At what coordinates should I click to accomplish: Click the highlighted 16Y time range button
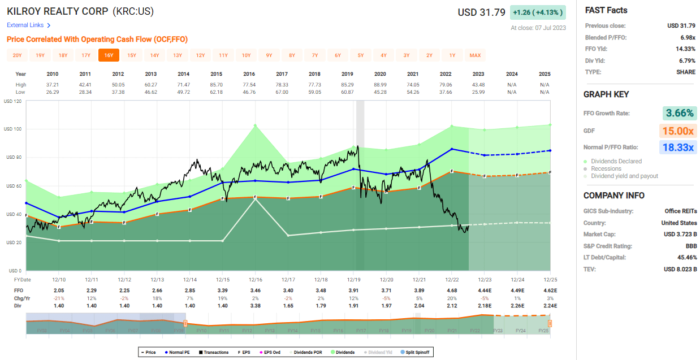109,55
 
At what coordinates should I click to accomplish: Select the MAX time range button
475,55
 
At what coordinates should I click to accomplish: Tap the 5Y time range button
360,55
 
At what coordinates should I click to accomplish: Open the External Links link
29,25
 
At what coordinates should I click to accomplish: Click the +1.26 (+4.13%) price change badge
538,12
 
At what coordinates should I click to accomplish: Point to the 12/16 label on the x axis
256,280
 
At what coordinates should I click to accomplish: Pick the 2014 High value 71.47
183,84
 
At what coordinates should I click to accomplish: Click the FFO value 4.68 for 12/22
451,290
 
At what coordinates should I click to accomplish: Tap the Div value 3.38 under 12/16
256,305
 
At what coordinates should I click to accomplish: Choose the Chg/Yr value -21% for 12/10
59,298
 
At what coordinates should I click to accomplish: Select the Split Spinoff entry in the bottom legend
416,352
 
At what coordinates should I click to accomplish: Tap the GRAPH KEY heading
606,94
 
